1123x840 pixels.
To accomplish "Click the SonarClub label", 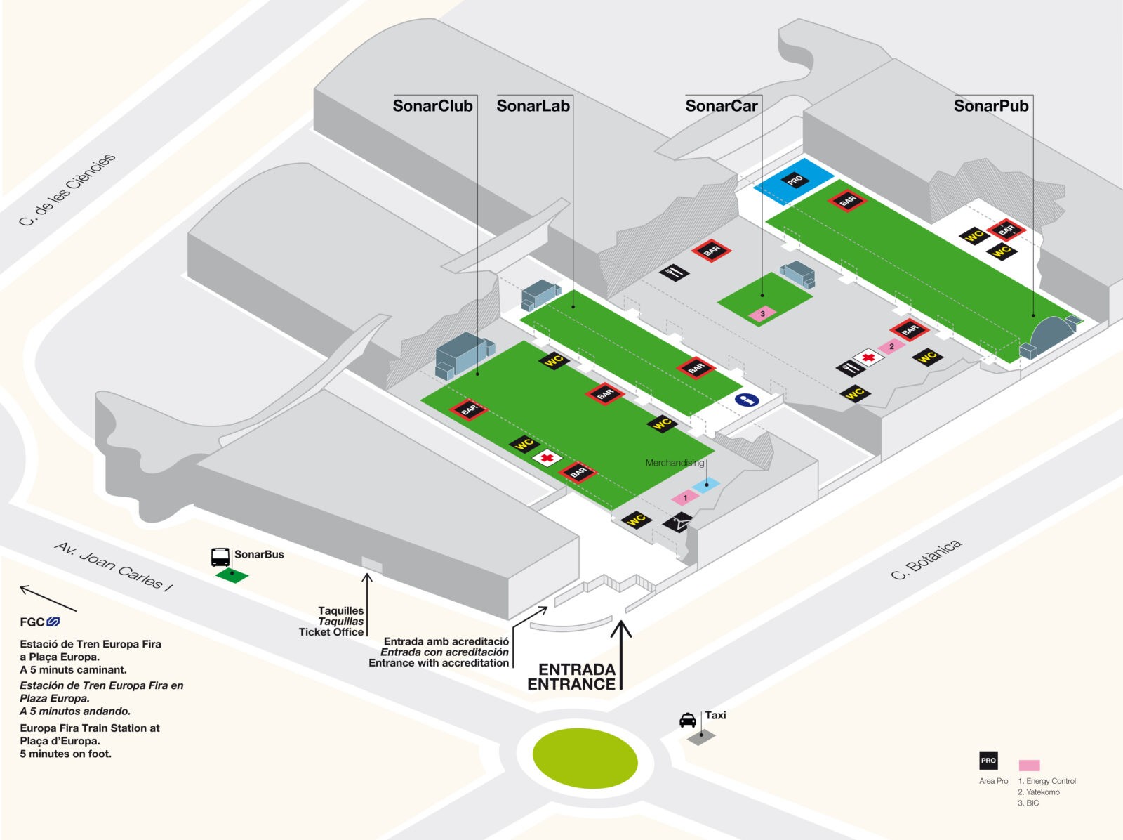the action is [x=433, y=106].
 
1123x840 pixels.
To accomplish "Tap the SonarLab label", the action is [x=533, y=106].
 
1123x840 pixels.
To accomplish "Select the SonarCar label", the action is [x=722, y=106].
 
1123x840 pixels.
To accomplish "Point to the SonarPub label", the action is [x=991, y=106].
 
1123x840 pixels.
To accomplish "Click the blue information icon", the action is [x=747, y=400].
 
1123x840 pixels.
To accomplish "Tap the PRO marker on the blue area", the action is [x=795, y=180].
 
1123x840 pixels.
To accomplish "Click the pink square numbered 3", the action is [x=762, y=313].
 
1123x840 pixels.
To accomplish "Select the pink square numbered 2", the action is [x=891, y=346].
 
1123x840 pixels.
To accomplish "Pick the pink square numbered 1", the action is [x=685, y=497].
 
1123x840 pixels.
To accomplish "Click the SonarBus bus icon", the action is [x=220, y=557].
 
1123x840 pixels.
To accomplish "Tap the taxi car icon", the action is [x=688, y=720].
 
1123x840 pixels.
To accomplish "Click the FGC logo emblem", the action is [x=53, y=622].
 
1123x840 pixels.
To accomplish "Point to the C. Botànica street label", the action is [x=926, y=560].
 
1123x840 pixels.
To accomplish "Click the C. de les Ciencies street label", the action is [x=67, y=190].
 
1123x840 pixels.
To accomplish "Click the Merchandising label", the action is [x=675, y=463].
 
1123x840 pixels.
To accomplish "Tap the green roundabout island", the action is [x=585, y=758].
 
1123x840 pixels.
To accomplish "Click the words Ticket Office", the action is [x=331, y=631].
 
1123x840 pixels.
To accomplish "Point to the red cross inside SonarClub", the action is [x=547, y=457].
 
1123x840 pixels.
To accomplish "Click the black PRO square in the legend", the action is [x=988, y=760].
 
